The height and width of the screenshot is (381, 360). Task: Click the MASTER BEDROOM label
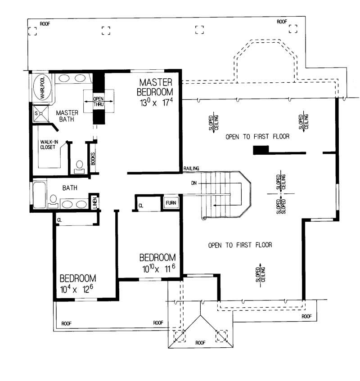156,87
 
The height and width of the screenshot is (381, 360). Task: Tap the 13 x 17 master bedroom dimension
156,103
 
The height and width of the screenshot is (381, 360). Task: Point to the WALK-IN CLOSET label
48,143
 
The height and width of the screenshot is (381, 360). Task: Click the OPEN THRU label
99,102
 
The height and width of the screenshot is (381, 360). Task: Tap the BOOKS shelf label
93,158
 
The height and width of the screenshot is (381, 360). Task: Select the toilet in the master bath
80,166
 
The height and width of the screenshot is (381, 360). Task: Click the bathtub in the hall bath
40,194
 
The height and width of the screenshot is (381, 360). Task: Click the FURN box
171,203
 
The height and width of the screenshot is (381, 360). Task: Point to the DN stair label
194,184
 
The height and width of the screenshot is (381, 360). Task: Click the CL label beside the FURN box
141,205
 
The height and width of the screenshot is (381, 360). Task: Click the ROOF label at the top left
45,23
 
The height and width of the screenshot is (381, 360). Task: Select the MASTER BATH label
67,116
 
